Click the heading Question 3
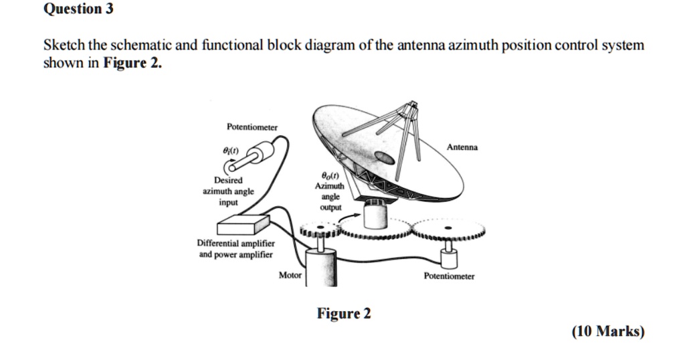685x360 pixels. tap(78, 9)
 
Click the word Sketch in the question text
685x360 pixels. tap(64, 46)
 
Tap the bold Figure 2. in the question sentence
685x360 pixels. tap(132, 64)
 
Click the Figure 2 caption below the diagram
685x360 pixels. tap(344, 314)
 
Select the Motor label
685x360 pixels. tap(290, 276)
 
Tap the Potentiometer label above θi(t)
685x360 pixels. tap(252, 126)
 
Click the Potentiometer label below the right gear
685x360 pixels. tap(449, 276)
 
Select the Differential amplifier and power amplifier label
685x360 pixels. tap(235, 249)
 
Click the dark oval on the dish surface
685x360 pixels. tap(385, 157)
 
